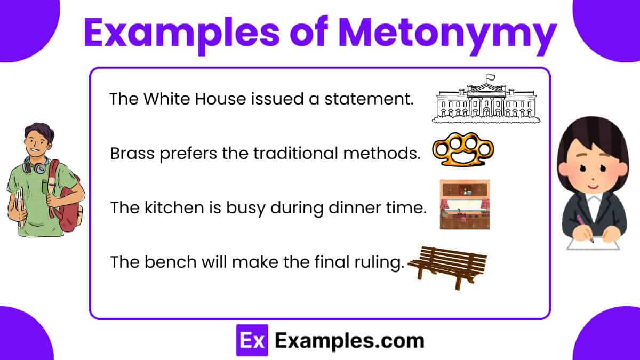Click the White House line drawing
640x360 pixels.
(486, 100)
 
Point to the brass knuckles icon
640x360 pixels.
(463, 150)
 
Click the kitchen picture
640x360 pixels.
(465, 205)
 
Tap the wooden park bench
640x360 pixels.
(447, 268)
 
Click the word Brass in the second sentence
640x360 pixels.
(132, 154)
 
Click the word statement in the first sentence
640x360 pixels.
(369, 99)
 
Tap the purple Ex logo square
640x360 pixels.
(252, 340)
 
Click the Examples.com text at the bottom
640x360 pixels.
(350, 341)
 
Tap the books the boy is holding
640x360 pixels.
(20, 206)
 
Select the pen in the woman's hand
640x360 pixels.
(585, 229)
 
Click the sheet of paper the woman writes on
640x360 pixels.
(593, 243)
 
